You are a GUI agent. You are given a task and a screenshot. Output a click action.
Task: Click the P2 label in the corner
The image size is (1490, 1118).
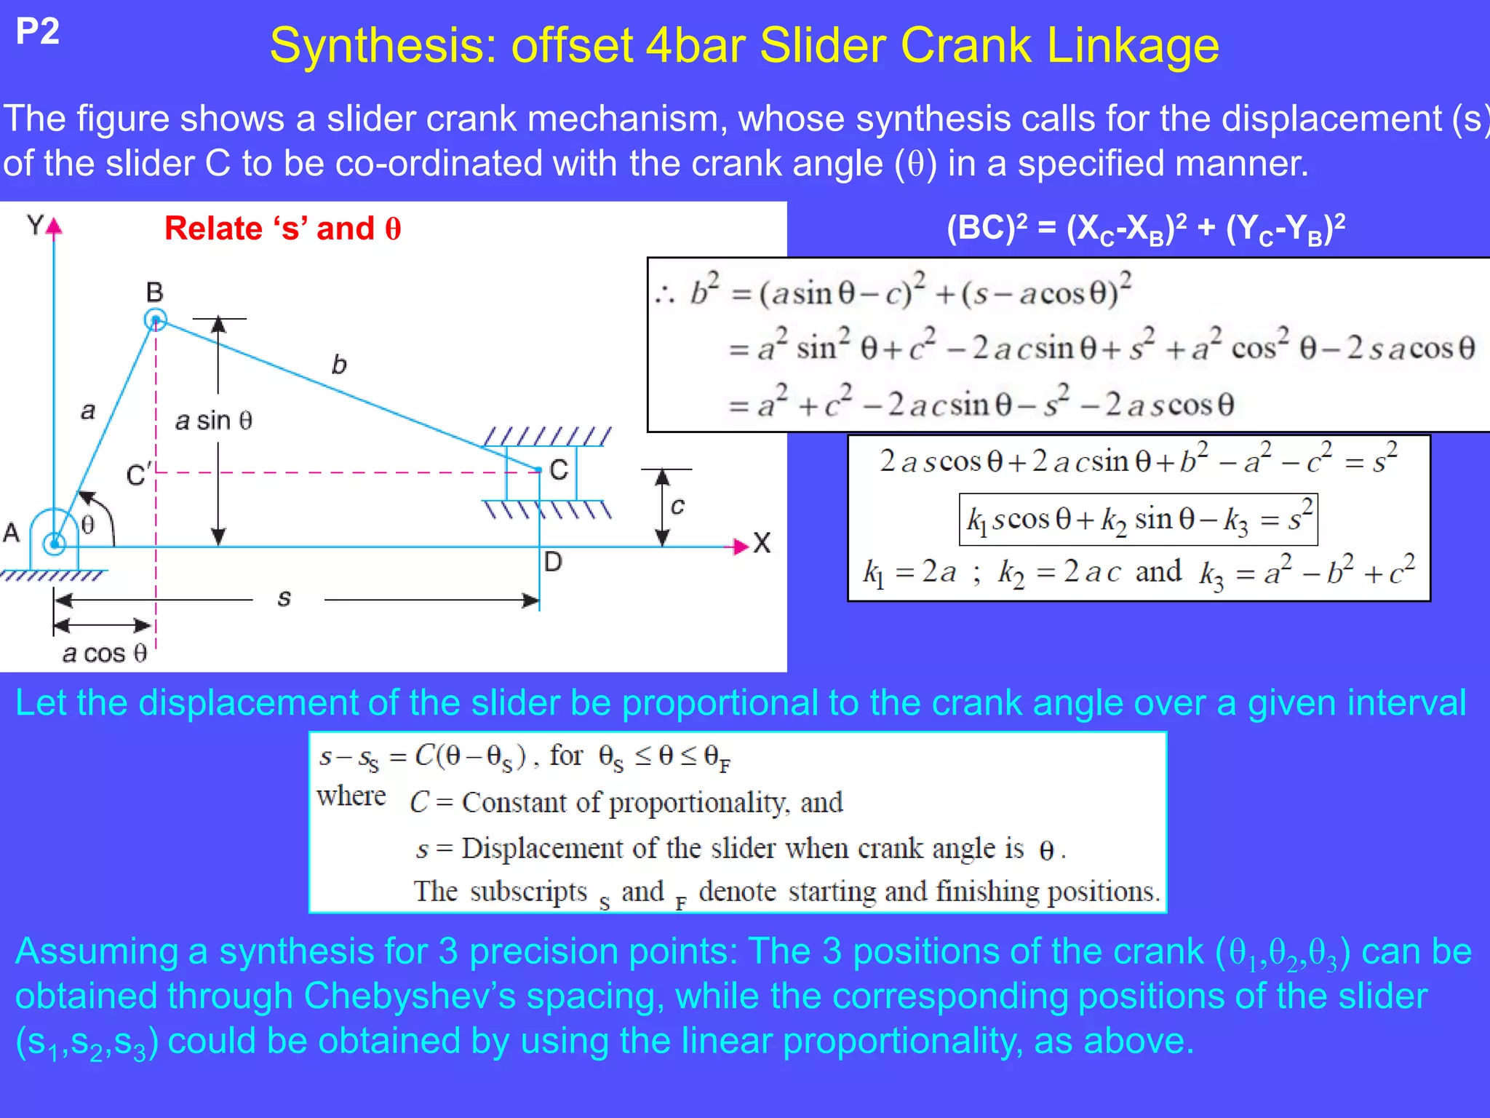pyautogui.click(x=37, y=32)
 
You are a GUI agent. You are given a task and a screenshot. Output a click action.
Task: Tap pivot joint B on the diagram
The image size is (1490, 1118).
pyautogui.click(x=155, y=320)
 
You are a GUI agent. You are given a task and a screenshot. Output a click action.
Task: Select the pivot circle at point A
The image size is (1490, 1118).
pyautogui.click(x=55, y=542)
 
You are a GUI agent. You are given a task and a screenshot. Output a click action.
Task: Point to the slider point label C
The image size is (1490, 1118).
pyautogui.click(x=559, y=470)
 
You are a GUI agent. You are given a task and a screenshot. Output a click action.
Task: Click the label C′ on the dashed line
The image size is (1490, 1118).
pyautogui.click(x=138, y=475)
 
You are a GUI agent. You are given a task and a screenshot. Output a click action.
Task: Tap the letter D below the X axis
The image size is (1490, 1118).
pyautogui.click(x=553, y=562)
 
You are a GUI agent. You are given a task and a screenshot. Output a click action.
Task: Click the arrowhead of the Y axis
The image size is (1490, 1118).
pyautogui.click(x=55, y=226)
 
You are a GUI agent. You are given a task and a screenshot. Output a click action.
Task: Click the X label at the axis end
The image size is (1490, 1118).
pyautogui.click(x=762, y=543)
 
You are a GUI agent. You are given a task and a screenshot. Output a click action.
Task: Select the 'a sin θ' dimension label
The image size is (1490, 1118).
pyautogui.click(x=214, y=420)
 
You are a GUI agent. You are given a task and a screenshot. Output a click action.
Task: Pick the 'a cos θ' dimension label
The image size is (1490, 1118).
pyautogui.click(x=105, y=653)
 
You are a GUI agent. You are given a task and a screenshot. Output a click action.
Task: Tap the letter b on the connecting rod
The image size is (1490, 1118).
pyautogui.click(x=339, y=364)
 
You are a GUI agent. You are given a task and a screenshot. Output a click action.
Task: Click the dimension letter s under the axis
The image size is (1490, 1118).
pyautogui.click(x=284, y=598)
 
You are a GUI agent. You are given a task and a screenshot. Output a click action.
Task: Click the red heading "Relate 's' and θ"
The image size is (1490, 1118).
pyautogui.click(x=282, y=229)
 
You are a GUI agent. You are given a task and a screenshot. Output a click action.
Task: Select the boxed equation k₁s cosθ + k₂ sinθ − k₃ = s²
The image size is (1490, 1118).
pyautogui.click(x=1139, y=520)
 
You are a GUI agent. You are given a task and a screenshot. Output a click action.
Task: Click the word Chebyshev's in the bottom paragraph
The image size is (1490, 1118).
pyautogui.click(x=410, y=996)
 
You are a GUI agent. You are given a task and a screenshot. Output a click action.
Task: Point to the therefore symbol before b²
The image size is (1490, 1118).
pyautogui.click(x=664, y=295)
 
